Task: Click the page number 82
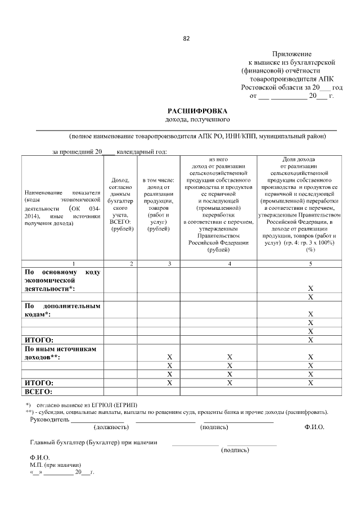click(186, 39)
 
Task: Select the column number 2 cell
click(131, 263)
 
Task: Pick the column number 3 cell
click(170, 263)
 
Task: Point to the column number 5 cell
click(310, 263)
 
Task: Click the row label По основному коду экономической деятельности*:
click(62, 280)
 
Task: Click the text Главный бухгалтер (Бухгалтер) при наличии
click(93, 443)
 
